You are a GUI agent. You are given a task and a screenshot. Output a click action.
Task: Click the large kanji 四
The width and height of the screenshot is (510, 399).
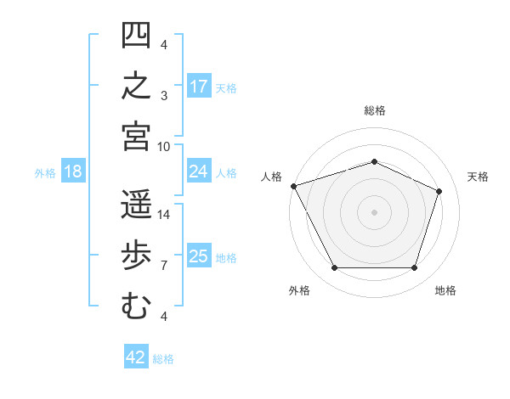point(136,35)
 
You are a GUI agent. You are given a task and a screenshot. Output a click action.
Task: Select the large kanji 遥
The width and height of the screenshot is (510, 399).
point(136,204)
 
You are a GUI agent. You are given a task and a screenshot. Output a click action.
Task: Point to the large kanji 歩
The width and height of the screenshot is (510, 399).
point(136,255)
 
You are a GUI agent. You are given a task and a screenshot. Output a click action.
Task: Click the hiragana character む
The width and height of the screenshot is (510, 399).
point(136,306)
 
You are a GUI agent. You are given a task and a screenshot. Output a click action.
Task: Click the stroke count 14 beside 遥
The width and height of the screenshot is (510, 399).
point(163,215)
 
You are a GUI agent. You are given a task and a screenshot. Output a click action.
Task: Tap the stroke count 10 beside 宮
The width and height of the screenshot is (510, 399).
point(163,147)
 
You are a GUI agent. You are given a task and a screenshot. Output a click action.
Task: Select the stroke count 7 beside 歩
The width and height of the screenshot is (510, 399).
point(164,266)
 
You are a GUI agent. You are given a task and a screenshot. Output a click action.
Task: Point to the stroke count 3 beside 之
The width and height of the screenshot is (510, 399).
point(164,96)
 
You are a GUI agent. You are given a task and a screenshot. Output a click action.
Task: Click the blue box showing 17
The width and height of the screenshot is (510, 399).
point(199,86)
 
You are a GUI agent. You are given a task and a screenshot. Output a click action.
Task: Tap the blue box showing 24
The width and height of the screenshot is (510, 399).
point(199,171)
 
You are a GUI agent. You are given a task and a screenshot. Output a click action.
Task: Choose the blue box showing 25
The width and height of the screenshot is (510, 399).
point(199,255)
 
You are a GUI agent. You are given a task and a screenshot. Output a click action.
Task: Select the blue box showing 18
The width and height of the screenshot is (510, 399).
point(73,171)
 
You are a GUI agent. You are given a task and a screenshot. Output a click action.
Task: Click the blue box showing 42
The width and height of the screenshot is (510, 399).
point(136,356)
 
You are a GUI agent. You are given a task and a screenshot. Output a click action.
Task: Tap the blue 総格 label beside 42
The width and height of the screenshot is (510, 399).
point(163,359)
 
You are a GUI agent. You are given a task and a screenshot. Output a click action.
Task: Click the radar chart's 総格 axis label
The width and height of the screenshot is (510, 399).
point(375,110)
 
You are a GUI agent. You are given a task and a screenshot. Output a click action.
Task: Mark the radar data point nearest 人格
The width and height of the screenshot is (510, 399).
point(294,186)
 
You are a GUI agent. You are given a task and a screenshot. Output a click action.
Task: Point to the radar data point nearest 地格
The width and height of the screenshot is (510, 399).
point(414,267)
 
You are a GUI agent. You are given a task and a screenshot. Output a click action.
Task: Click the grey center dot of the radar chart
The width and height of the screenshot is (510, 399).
point(374,212)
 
